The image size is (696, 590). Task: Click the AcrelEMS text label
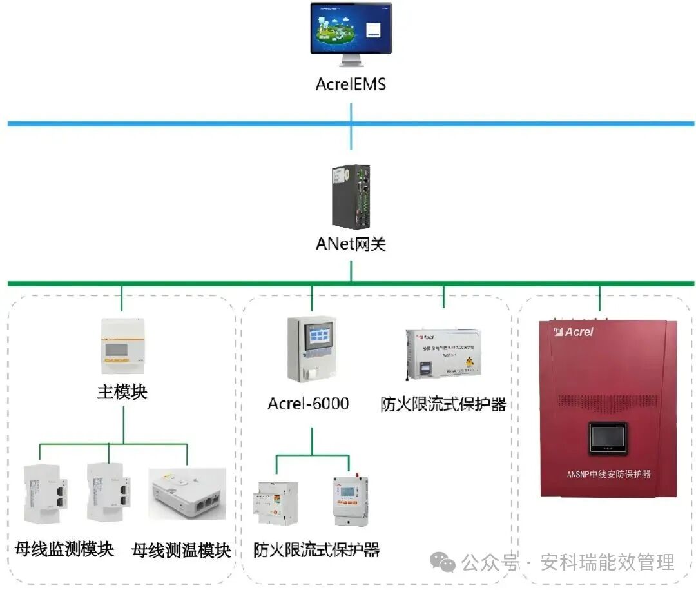pos(351,84)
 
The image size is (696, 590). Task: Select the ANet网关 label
pos(351,244)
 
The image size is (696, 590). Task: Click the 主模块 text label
pos(122,392)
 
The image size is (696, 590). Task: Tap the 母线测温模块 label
pos(181,550)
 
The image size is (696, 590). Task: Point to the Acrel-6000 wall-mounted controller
pos(312,348)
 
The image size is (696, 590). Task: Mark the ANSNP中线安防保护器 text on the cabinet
pos(608,474)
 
